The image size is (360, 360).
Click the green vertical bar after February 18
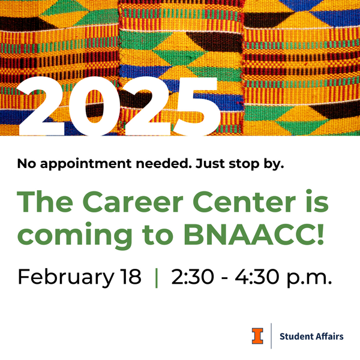(157, 278)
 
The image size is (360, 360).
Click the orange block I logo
(257, 336)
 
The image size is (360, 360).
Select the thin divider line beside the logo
(272, 336)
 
